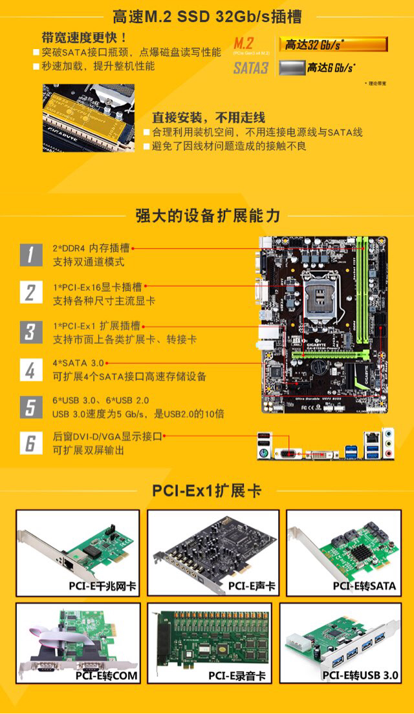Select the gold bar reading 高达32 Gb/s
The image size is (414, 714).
pyautogui.click(x=333, y=45)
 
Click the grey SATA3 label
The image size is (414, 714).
pyautogui.click(x=251, y=68)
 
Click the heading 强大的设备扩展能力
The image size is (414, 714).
pyautogui.click(x=207, y=215)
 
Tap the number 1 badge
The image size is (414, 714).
pyautogui.click(x=30, y=255)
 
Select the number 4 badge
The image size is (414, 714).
pyautogui.click(x=30, y=370)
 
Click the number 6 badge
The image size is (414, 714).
pyautogui.click(x=30, y=443)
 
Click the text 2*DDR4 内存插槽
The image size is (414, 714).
pyautogui.click(x=91, y=248)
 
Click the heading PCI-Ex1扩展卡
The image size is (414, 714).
pyautogui.click(x=207, y=490)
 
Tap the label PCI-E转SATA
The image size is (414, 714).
pyautogui.click(x=364, y=586)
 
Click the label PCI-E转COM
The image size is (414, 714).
pyautogui.click(x=106, y=676)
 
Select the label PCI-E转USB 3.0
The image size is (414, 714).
pyautogui.click(x=361, y=676)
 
